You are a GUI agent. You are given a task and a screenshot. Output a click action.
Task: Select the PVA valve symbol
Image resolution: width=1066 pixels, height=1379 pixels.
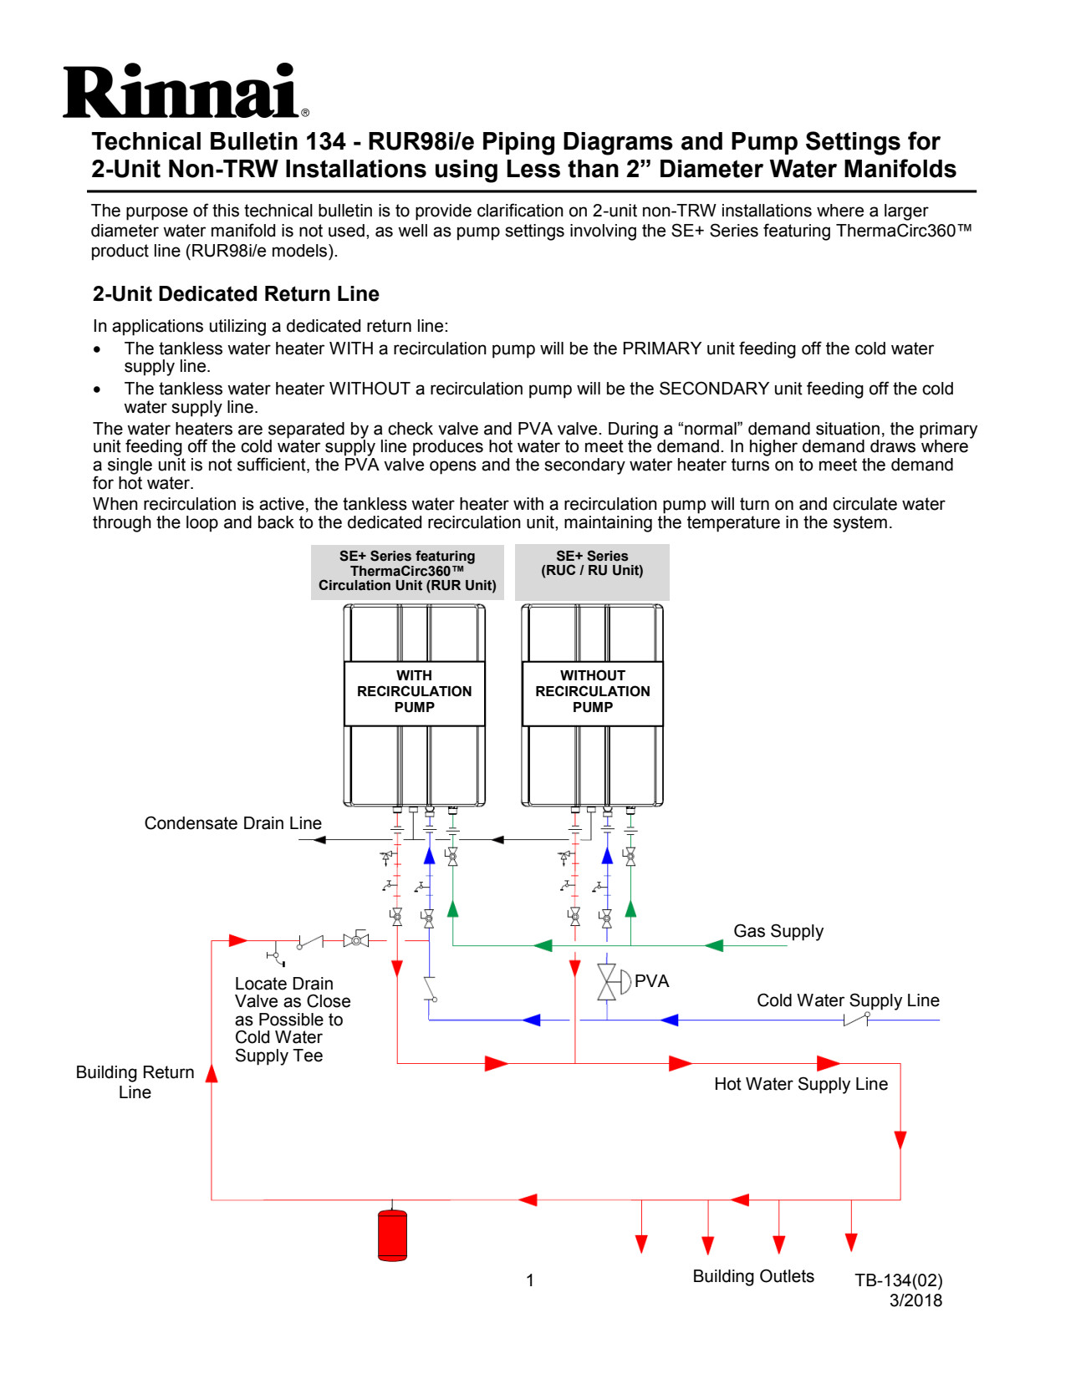coord(608,982)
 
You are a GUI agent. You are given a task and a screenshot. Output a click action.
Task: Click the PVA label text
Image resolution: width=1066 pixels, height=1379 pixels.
coord(651,981)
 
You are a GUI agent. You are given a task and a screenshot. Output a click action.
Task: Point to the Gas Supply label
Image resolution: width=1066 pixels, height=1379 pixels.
coord(778,931)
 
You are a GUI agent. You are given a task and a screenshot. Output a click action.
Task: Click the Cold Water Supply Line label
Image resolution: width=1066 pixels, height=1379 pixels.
coord(847,1000)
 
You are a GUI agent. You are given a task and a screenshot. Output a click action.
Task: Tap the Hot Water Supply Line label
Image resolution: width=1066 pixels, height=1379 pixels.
coord(800,1084)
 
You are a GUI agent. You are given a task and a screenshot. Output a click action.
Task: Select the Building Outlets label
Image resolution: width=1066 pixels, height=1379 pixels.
coord(752,1276)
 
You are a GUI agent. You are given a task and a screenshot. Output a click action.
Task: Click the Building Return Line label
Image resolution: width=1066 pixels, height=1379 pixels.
coord(135,1082)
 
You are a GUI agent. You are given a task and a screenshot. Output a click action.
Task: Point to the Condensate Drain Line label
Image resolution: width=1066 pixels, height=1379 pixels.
coord(232,823)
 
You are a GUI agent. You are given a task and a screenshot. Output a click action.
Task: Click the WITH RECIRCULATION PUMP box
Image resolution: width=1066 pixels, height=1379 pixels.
coord(414,692)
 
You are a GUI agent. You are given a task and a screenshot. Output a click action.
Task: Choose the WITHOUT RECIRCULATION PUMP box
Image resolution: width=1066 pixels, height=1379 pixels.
coord(592,692)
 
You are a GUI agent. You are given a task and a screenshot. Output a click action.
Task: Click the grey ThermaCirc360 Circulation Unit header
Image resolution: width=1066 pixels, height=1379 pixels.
coord(407,571)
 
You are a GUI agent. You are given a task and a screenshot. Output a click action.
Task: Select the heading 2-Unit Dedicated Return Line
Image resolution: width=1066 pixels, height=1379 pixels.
coord(236,294)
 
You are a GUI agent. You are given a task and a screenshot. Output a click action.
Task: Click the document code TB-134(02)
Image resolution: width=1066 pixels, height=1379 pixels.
coord(898,1280)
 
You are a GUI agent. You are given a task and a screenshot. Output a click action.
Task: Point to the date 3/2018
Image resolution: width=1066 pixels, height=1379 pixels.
coord(916,1300)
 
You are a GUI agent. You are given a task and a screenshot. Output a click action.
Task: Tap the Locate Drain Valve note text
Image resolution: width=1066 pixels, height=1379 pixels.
coord(292,1020)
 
